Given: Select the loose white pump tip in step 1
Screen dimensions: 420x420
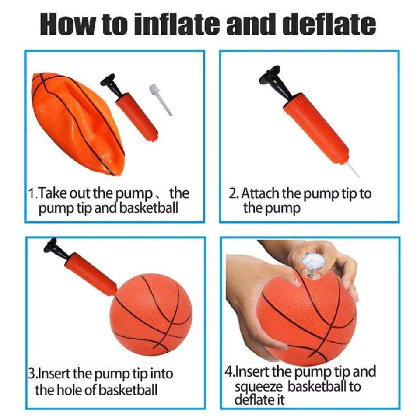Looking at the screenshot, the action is pos(160,99).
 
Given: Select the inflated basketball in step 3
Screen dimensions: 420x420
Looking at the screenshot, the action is pos(151,314).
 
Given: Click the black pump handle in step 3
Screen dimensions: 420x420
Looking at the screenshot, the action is pos(55,249).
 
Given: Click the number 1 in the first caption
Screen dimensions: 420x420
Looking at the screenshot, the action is pos(32,193).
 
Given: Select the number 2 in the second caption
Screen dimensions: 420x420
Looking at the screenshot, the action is pos(232,193).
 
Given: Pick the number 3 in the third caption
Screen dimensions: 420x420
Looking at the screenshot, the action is pos(32,373).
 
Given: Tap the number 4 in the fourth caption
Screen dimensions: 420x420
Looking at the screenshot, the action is pos(229,371).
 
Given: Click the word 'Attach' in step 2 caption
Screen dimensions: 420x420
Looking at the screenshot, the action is pos(260,193).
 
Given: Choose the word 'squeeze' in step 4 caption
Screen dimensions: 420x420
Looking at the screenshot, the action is pos(259,388).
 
